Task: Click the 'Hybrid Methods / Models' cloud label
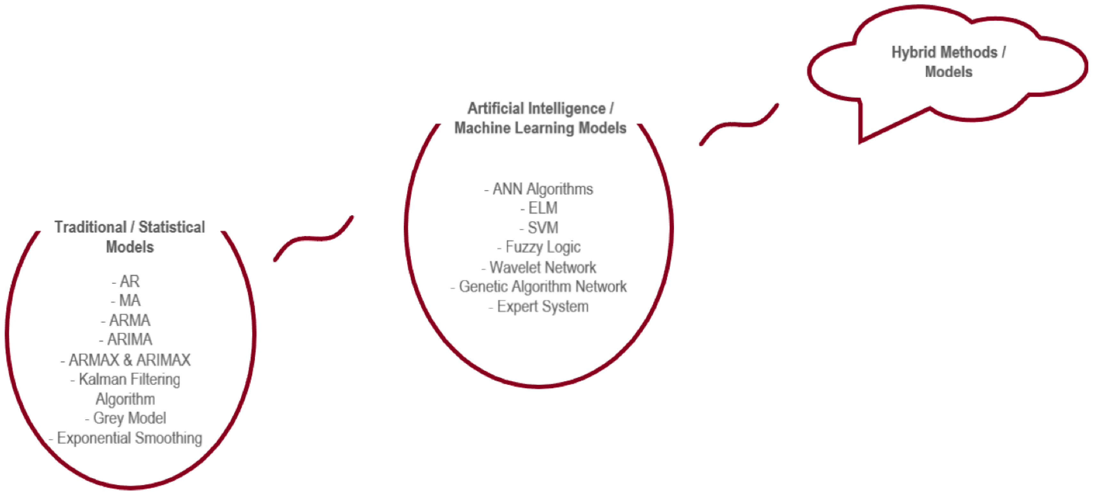pos(948,62)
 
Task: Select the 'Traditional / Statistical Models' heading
pos(130,237)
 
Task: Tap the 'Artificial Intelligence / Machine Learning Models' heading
pos(540,118)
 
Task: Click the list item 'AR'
pos(129,281)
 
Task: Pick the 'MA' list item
pos(129,301)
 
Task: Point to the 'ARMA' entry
pos(129,320)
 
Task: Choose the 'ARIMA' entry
pos(129,340)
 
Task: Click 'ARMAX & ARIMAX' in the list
pos(129,360)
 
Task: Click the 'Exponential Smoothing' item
pos(129,438)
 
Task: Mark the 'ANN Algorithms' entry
pos(542,189)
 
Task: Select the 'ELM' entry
pos(542,208)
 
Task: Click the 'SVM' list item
pos(542,228)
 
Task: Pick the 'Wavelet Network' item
pos(542,267)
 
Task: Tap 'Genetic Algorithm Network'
pos(542,287)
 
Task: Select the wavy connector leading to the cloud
pos(740,124)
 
